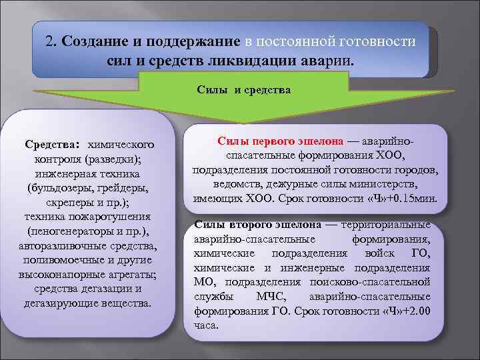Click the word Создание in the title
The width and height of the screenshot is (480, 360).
point(90,41)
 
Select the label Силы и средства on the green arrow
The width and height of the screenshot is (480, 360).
point(243,89)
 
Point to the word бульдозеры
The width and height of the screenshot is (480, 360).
point(61,188)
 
